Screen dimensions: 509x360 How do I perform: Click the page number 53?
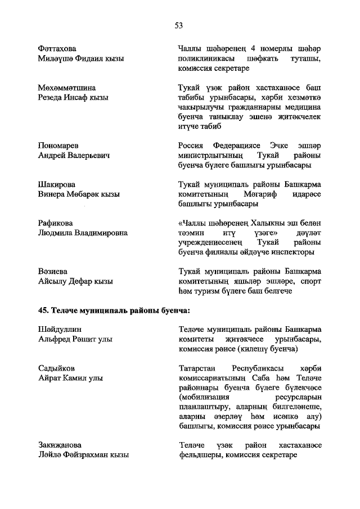[x=179, y=25]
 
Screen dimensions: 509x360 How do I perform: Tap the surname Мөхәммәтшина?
[x=64, y=88]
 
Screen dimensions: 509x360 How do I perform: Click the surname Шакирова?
[x=53, y=184]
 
